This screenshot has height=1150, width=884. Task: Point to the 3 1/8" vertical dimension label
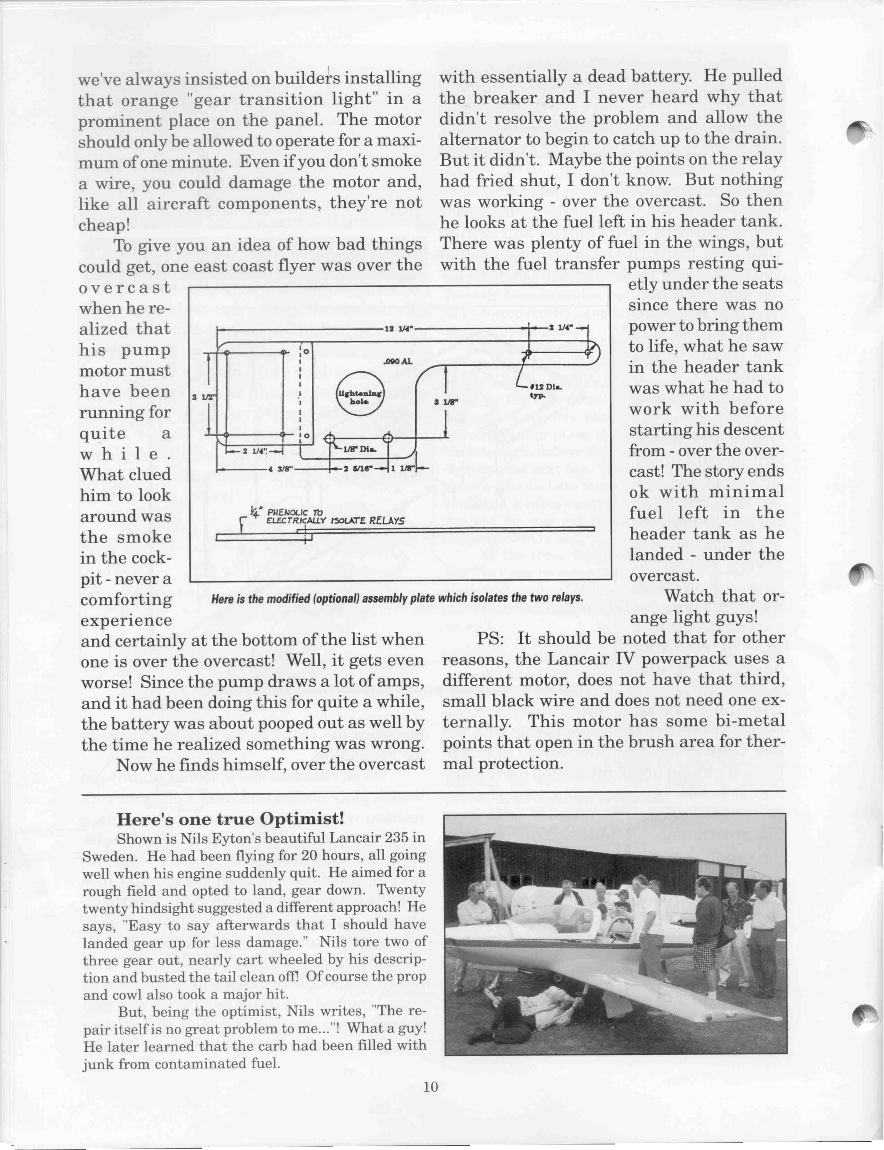click(x=446, y=402)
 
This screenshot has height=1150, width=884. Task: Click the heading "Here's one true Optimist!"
click(x=230, y=819)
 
